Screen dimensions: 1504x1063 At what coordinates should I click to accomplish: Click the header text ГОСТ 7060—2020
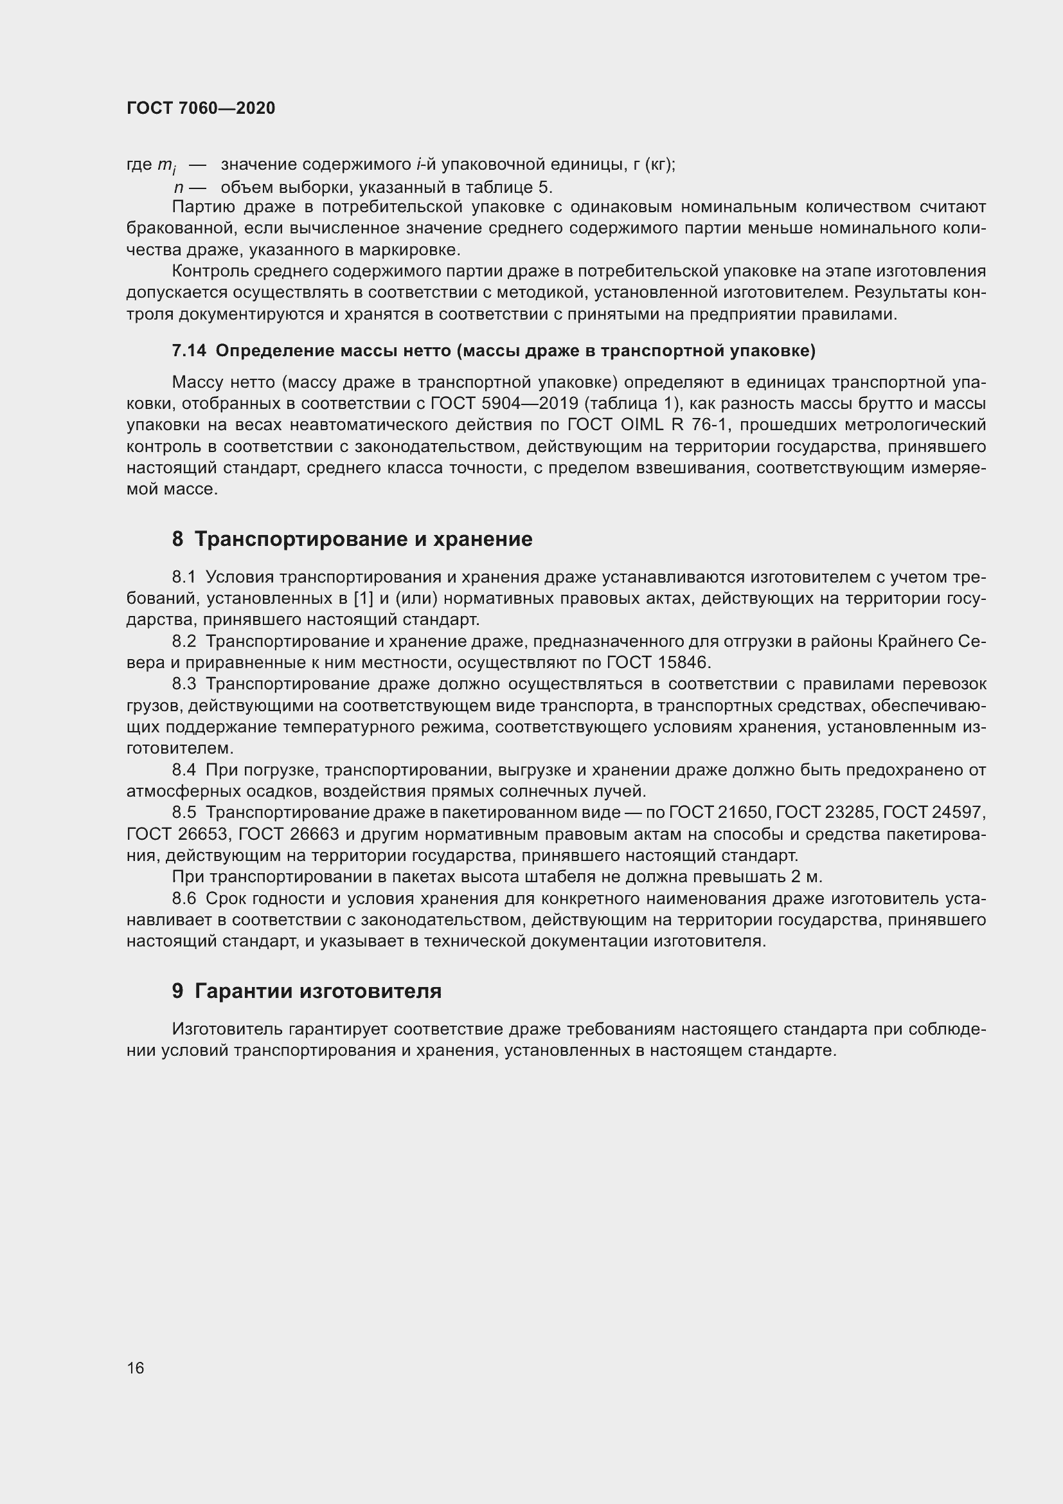tap(201, 108)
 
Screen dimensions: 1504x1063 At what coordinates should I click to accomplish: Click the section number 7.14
tap(188, 351)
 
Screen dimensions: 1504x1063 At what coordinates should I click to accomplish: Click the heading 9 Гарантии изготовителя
tap(307, 991)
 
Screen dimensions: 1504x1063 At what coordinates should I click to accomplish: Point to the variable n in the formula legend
tap(178, 188)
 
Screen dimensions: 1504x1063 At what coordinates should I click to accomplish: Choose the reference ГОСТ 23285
tap(828, 813)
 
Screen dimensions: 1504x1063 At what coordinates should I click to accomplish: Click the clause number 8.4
tap(184, 770)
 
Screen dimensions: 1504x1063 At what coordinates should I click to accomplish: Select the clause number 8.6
tap(184, 899)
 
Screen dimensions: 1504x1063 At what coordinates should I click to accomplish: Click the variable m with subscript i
tap(166, 166)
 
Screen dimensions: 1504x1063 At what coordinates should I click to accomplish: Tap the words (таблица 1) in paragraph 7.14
tap(633, 404)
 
